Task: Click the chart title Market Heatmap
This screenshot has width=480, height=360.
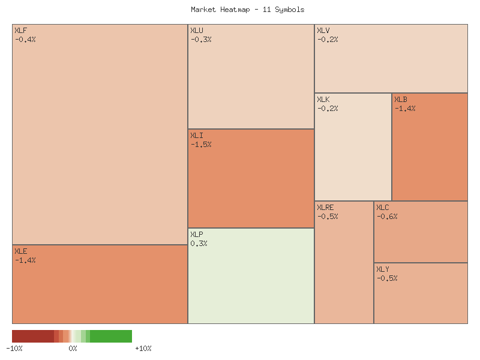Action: pos(247,10)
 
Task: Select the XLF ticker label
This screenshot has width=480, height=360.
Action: pos(20,31)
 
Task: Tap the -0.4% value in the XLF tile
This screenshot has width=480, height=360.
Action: pos(25,40)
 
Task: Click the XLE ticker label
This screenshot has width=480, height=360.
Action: pos(20,251)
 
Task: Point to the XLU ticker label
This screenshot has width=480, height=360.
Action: pos(197,31)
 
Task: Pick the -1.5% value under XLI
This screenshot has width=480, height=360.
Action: pos(201,145)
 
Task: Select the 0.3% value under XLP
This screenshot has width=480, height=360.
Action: pos(199,244)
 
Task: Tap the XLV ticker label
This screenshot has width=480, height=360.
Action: pos(323,31)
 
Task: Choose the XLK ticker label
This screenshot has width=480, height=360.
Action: pos(323,100)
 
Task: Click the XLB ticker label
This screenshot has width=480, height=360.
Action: pos(401,100)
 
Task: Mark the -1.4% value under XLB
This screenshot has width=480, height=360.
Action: pos(405,109)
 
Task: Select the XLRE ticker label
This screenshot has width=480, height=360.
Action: pos(325,208)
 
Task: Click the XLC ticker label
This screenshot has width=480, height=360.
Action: pos(383,208)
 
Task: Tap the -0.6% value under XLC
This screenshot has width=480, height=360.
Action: pos(387,217)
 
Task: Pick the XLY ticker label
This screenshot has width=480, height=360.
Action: pos(383,269)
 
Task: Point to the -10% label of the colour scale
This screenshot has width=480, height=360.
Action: pos(14,349)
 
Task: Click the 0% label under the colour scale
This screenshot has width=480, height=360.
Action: pos(73,349)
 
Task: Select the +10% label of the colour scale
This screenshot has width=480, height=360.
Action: pos(143,349)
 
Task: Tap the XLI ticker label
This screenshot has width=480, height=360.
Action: pos(197,136)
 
